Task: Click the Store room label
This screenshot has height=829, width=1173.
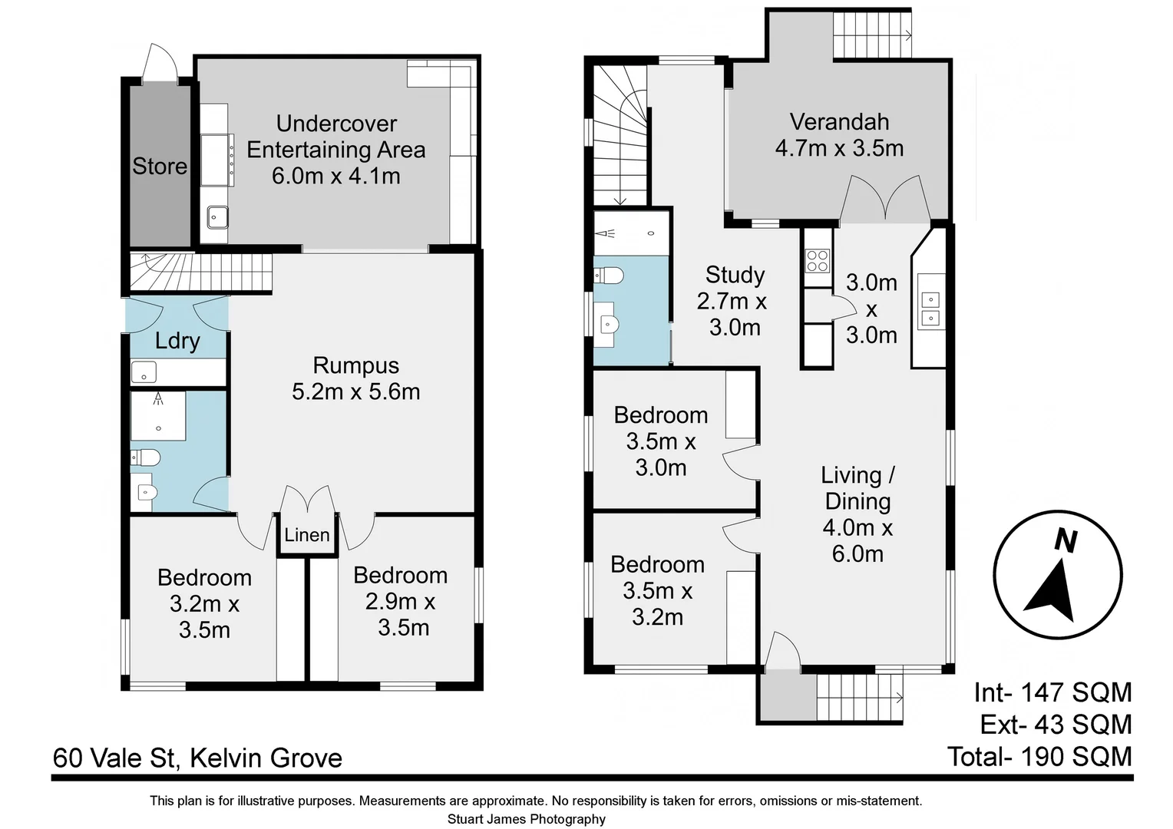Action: (160, 166)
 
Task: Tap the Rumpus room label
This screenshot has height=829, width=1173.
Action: (355, 365)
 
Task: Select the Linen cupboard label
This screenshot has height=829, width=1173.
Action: (306, 535)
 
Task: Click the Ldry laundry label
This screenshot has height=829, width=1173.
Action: (177, 341)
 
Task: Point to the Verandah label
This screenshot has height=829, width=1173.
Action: (839, 122)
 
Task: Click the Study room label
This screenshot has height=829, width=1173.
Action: (735, 275)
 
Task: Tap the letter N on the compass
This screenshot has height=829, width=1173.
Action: (1065, 541)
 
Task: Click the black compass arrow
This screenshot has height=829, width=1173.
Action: (1051, 591)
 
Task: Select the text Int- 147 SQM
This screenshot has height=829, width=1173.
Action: (1052, 692)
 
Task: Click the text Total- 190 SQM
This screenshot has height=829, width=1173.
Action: (1039, 757)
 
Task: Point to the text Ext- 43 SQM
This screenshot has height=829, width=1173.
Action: (1056, 725)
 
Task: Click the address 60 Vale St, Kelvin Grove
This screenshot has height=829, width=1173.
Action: (197, 758)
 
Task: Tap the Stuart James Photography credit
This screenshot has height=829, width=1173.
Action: (527, 819)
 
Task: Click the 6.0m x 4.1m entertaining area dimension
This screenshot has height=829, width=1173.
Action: (336, 176)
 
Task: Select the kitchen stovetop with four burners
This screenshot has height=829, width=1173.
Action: (818, 261)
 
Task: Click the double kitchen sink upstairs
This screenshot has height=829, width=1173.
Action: (930, 309)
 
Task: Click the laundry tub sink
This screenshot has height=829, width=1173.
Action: (144, 372)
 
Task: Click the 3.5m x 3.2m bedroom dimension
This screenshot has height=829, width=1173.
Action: (657, 604)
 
